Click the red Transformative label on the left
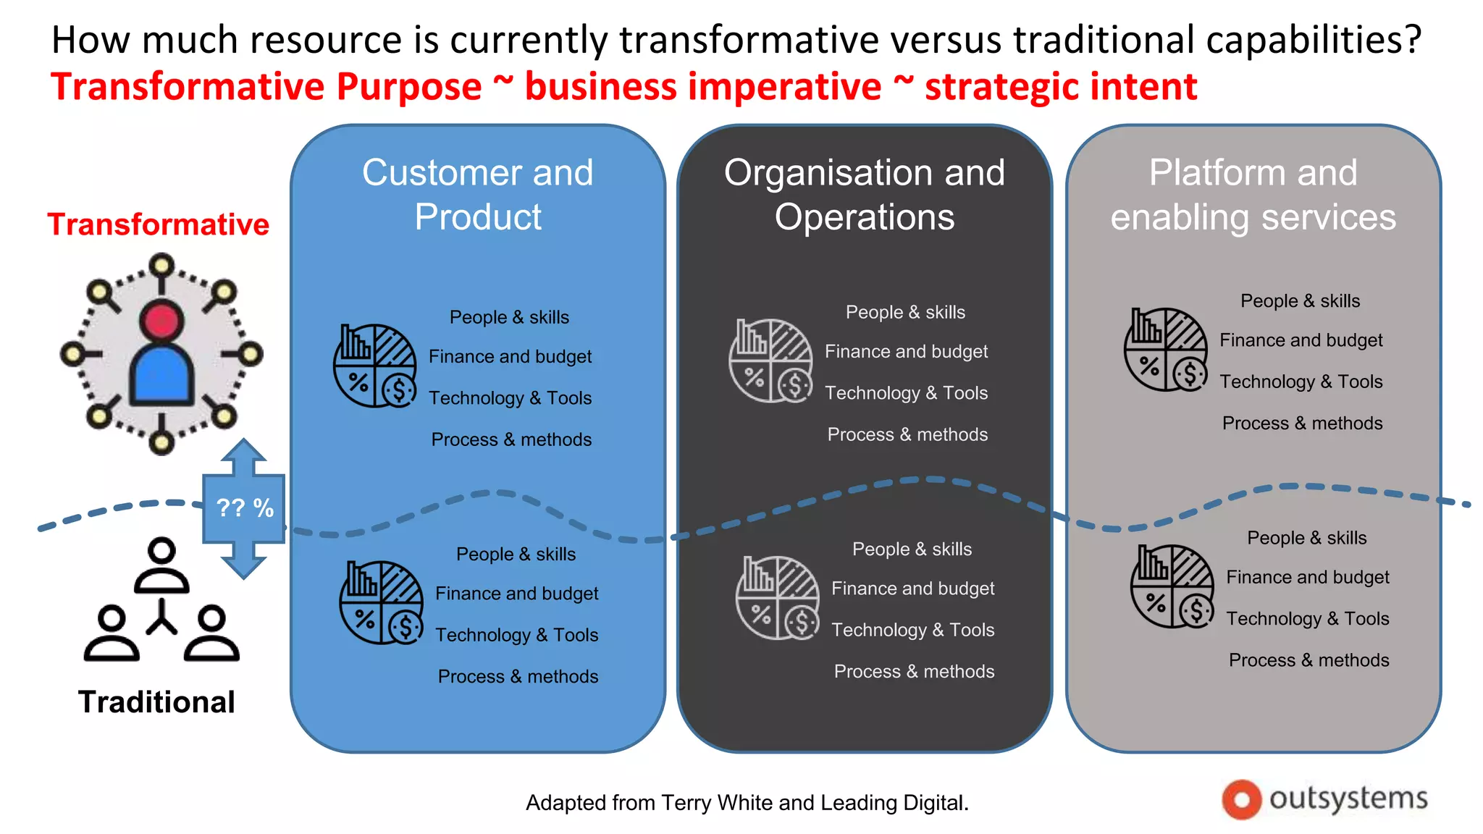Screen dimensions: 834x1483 158,224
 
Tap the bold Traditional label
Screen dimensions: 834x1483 156,702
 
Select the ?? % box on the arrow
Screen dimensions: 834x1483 244,508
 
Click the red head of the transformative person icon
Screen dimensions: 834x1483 161,321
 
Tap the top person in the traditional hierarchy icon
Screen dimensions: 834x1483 161,565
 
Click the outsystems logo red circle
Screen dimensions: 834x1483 1241,799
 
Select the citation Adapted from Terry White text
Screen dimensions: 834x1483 747,803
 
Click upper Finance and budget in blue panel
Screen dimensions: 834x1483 510,357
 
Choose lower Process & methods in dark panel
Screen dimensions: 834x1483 914,672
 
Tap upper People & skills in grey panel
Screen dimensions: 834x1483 1300,301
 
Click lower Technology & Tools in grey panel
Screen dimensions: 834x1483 1307,619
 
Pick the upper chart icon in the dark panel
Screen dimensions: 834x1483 770,361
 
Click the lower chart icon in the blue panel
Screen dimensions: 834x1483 382,602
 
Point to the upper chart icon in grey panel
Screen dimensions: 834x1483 1166,350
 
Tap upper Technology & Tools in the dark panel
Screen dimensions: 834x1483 906,393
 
